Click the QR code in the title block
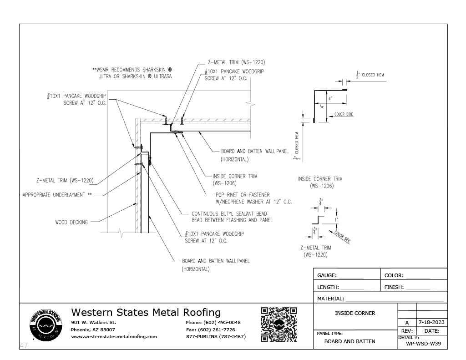[x=279, y=325]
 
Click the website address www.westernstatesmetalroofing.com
[x=114, y=337]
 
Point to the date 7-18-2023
[x=431, y=323]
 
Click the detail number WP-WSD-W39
[x=423, y=344]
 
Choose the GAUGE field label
[x=327, y=275]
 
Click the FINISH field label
[x=394, y=287]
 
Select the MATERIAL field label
[x=330, y=299]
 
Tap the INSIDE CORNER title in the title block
[x=355, y=313]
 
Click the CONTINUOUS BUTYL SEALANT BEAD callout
[x=229, y=213]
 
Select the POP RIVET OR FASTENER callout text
[x=243, y=195]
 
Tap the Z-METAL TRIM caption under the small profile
[x=315, y=248]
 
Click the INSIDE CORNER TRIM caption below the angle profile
[x=320, y=179]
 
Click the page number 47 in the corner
[x=24, y=346]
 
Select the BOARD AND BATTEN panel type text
[x=349, y=341]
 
